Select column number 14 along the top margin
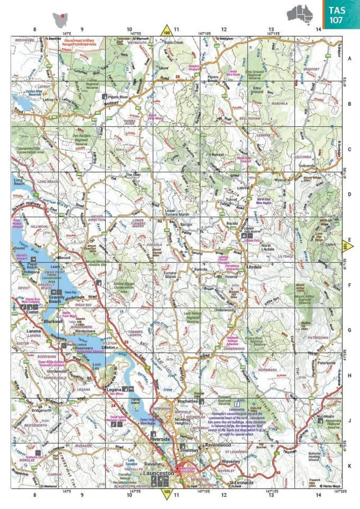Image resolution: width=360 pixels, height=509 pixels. tap(318, 30)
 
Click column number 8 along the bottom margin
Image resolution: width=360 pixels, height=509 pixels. tap(35, 495)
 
